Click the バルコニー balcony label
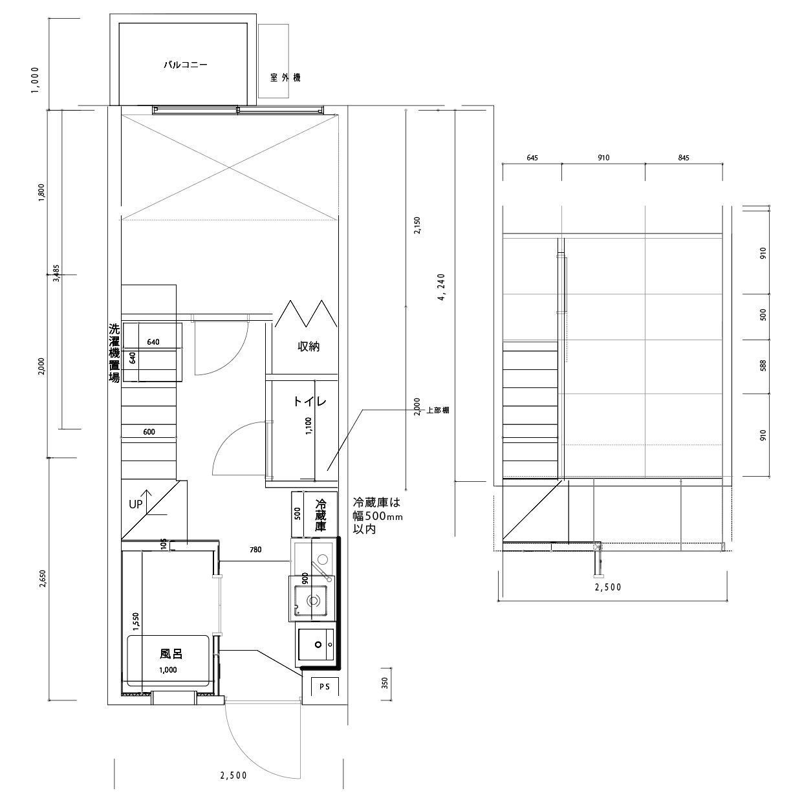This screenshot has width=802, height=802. point(185,65)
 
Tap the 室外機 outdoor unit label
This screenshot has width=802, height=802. point(285,78)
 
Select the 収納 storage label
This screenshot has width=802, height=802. point(309,346)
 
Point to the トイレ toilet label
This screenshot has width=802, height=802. point(310,401)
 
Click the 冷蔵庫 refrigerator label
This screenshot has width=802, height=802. point(320,515)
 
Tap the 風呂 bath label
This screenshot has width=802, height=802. point(171,654)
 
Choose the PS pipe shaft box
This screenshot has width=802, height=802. point(325,687)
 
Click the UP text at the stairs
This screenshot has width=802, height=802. point(136,504)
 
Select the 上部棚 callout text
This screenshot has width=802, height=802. point(437,410)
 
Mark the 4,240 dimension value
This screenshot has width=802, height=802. point(442,287)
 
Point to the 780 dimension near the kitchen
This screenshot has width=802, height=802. point(255,550)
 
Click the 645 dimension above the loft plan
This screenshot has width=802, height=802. point(532,158)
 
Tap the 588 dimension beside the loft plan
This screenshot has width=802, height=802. point(763,366)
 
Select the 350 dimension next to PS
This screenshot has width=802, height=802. point(385,683)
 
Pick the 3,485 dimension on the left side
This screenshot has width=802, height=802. point(56,274)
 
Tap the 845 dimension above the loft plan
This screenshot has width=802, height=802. point(684,158)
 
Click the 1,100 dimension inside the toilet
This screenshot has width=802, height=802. point(309,426)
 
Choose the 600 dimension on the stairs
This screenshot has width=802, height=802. point(149,432)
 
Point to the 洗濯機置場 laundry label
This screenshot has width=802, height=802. point(114,353)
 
